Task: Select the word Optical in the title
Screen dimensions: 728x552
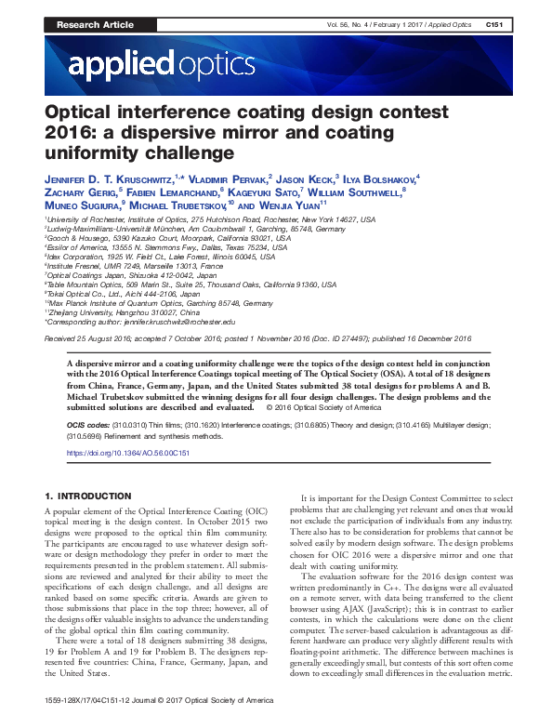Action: click(x=85, y=113)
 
